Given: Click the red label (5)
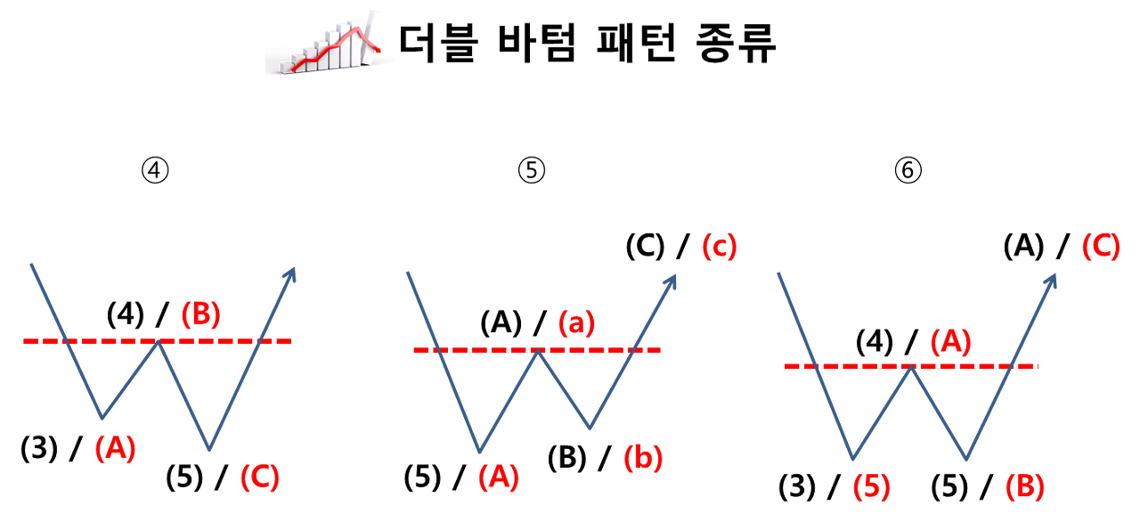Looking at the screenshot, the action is point(870,487).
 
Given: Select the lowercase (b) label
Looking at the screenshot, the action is point(643,457).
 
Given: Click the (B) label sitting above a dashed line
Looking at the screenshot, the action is point(200,314).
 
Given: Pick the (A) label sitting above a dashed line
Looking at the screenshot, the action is point(950,341).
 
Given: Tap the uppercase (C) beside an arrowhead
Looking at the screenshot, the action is point(1100,246).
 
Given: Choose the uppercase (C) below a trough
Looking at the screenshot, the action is point(259,477).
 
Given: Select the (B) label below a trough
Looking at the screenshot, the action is point(1024,486).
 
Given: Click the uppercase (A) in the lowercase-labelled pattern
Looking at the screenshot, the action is point(497,477).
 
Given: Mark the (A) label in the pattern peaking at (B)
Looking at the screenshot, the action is point(116,448).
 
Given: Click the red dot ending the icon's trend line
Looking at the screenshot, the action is point(379,51).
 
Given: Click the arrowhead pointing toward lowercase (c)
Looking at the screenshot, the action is point(672,281).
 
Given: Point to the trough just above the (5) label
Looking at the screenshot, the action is point(853,459).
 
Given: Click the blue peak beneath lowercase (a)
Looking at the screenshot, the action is point(537,351).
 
